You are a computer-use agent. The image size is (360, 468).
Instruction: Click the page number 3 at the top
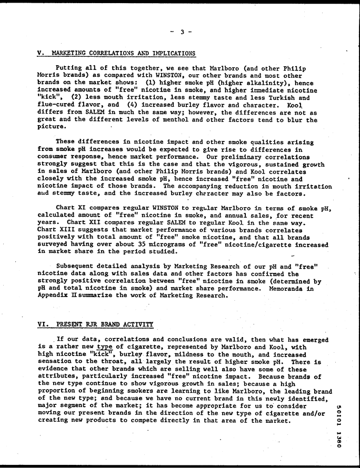(x=182, y=32)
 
